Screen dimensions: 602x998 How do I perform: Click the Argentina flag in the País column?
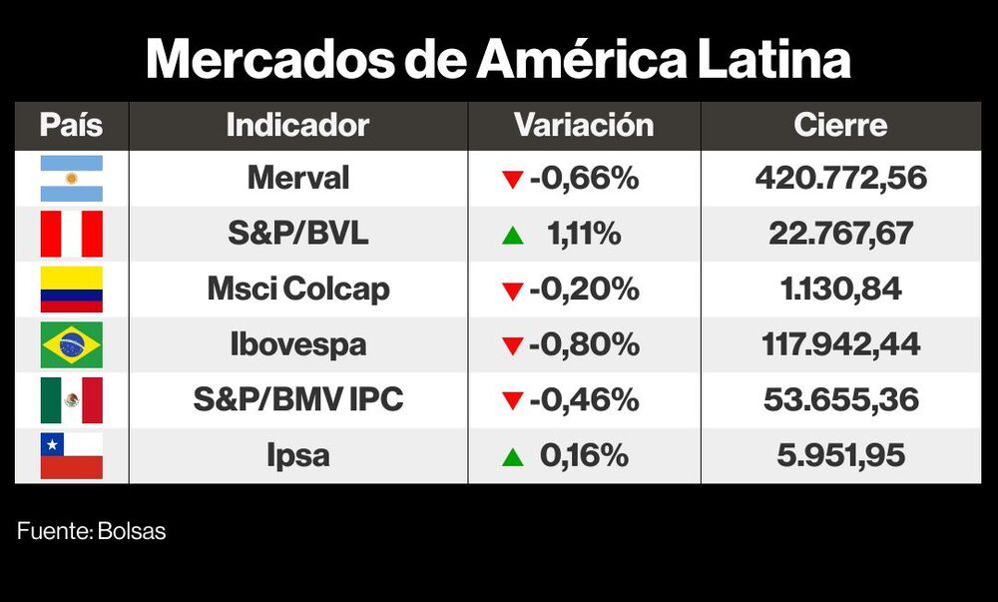pos(71,179)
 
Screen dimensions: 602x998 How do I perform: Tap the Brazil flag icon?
pos(71,345)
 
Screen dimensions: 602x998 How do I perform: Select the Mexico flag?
pos(71,400)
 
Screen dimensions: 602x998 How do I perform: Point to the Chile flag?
pos(71,455)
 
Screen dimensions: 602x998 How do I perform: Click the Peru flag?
pos(71,234)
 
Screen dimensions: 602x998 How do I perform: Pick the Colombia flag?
pos(71,290)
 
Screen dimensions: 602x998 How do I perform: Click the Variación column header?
pos(584,126)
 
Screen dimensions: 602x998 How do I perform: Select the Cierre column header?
pos(840,126)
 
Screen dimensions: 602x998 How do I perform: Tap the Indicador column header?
pos(297,126)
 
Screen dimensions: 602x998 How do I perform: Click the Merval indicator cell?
pos(297,179)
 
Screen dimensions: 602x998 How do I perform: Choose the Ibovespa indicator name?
pos(297,345)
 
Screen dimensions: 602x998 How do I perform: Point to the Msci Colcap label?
pos(297,290)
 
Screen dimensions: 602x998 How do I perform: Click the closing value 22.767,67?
pos(840,234)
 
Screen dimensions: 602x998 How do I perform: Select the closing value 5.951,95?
pos(840,455)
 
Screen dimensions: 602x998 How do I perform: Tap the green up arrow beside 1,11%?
pos(513,236)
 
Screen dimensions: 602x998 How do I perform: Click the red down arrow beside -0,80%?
pos(513,346)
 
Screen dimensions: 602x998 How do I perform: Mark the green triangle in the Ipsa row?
pos(513,457)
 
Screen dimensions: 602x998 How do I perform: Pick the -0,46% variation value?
pos(584,400)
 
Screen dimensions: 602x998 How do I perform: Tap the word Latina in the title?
pos(767,60)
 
